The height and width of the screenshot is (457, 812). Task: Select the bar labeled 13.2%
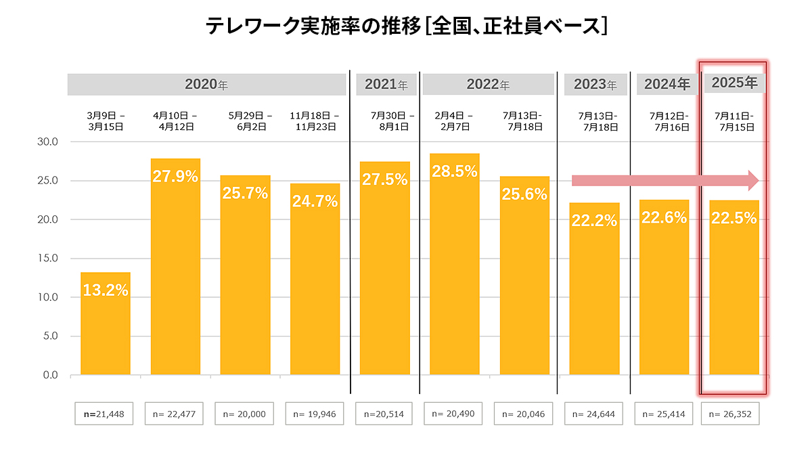pos(106,325)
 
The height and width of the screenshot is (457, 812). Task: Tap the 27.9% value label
pos(175,177)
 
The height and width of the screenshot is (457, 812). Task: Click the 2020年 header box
pos(206,85)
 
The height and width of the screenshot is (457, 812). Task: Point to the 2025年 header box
pos(734,83)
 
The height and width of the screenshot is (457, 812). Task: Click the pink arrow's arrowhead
pos(753,180)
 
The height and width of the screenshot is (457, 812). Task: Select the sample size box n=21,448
pos(104,414)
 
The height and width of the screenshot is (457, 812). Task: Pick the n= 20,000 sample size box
pos(244,414)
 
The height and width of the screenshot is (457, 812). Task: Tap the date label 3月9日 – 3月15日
pos(105,121)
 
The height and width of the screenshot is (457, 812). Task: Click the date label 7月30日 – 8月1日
pos(384,121)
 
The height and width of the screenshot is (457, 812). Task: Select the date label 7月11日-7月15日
pos(734,121)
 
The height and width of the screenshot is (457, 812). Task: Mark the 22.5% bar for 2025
pos(734,298)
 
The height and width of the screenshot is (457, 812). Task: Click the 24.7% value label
pos(315,201)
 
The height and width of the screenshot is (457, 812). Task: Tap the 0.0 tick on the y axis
pos(49,375)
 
